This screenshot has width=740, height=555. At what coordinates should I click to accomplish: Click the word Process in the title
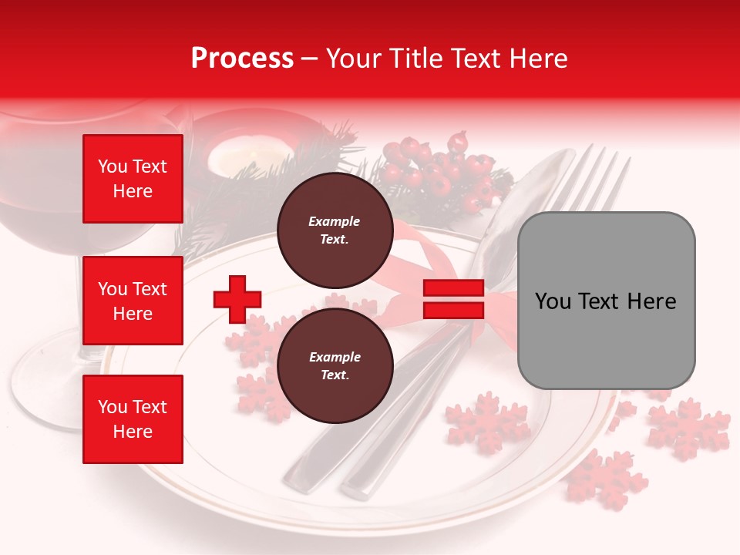pyautogui.click(x=242, y=59)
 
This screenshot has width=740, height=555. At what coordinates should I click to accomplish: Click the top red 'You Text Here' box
pyautogui.click(x=133, y=179)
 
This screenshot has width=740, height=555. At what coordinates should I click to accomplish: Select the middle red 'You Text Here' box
pyautogui.click(x=133, y=301)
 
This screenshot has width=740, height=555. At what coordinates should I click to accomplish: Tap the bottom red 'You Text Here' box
pyautogui.click(x=133, y=419)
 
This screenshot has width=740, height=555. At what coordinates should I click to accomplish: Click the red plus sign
pyautogui.click(x=237, y=299)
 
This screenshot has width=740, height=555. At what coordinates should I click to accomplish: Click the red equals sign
pyautogui.click(x=453, y=299)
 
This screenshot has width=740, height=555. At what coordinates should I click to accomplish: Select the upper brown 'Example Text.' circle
pyautogui.click(x=335, y=230)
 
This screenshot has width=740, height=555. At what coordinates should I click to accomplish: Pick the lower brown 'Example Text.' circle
pyautogui.click(x=335, y=365)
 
